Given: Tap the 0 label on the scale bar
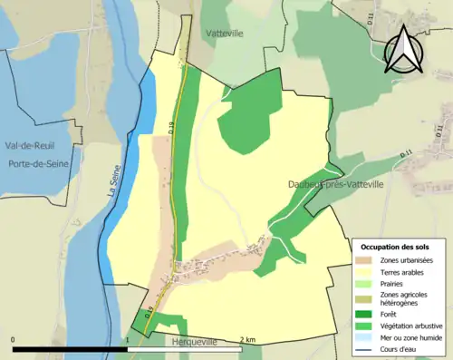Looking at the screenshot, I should tap(14, 339).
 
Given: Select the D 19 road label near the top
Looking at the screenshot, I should tap(172, 129).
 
